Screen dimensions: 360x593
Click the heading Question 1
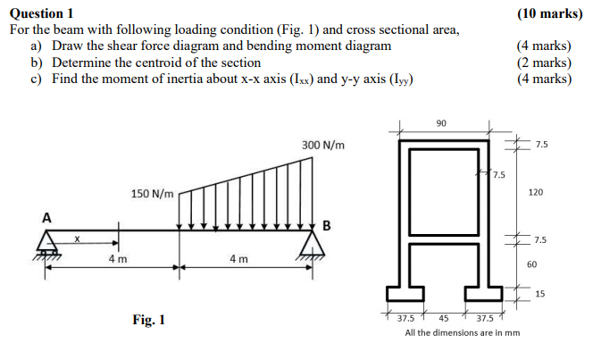coord(42,13)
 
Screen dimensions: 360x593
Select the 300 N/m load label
coord(322,145)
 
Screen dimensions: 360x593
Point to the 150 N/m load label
coord(153,194)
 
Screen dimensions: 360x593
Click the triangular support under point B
coord(310,243)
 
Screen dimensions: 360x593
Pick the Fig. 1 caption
coord(148,320)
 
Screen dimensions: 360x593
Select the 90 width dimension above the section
coord(441,122)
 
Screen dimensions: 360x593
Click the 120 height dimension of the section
coord(536,192)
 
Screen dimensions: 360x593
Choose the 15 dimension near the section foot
coord(539,294)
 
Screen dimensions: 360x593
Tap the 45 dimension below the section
coord(443,318)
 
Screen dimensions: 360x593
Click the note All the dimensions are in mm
coord(462,333)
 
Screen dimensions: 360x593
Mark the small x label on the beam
coord(78,238)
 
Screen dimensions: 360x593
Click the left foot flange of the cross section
coord(405,293)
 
